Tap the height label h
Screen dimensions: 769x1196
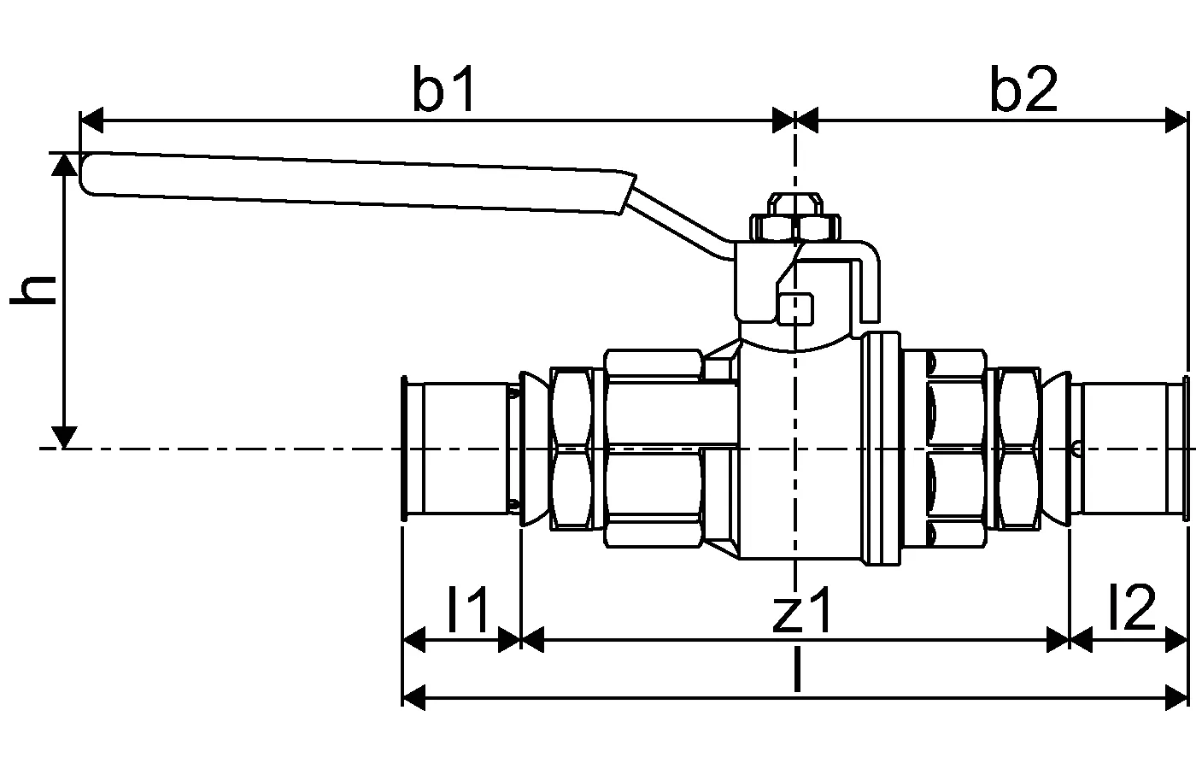point(34,291)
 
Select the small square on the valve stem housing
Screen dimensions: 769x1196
point(796,308)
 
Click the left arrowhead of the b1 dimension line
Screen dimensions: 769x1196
point(91,120)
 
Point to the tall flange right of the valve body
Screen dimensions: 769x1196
point(882,449)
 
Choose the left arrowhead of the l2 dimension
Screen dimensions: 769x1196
point(1082,639)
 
